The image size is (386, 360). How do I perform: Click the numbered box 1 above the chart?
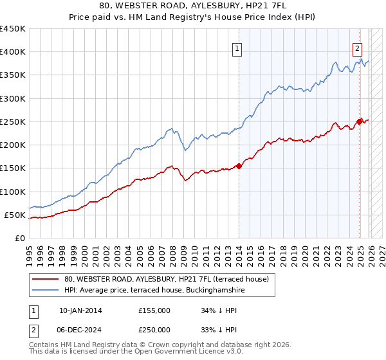coord(237,48)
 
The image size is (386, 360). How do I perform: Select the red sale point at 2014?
coord(239,166)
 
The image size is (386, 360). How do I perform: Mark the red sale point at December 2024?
coord(360,120)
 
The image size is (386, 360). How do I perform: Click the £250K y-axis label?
coord(13,122)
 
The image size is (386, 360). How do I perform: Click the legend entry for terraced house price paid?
coord(170,279)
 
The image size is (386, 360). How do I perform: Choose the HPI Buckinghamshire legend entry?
coord(154,291)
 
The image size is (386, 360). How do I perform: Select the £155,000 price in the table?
coord(154,310)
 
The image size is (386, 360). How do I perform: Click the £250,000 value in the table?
coord(154,330)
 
